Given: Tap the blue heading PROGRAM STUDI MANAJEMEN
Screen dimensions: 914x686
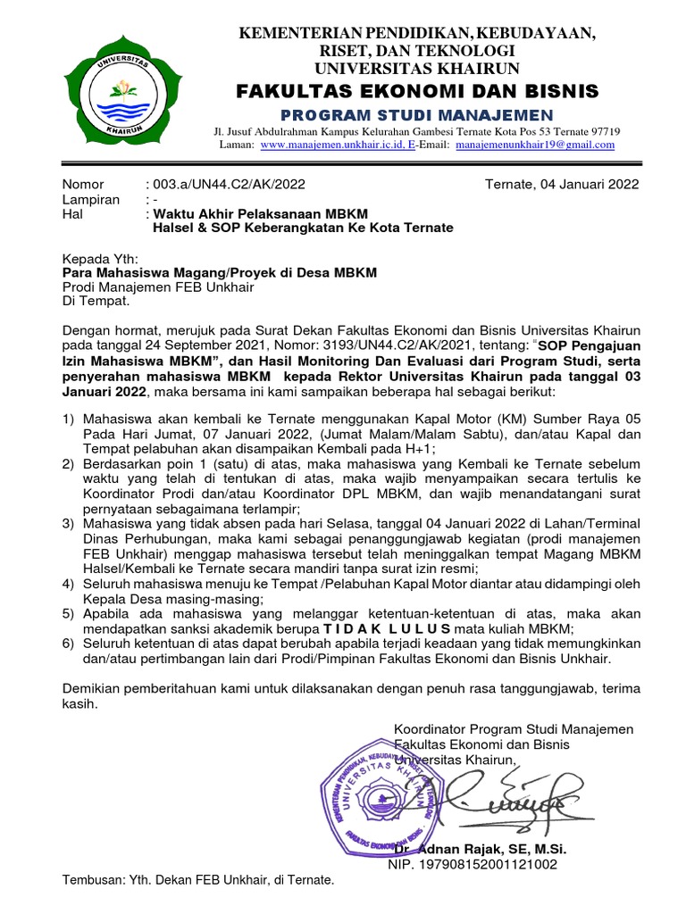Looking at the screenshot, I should tap(417, 113).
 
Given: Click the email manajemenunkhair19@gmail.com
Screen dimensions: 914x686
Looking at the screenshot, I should tap(535, 145).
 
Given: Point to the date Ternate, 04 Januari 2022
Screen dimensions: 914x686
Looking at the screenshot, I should tap(562, 185).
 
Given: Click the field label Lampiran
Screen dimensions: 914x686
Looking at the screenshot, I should tap(90, 199).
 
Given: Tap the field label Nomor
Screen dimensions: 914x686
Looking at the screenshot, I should tap(83, 185).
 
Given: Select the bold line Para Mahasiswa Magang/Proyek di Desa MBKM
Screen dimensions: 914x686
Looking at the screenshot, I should tap(220, 272).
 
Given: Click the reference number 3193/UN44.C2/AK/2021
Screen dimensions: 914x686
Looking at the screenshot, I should tap(385, 345).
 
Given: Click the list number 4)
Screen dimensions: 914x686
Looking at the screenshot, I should tap(69, 585).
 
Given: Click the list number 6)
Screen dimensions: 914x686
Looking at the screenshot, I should tap(69, 644).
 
